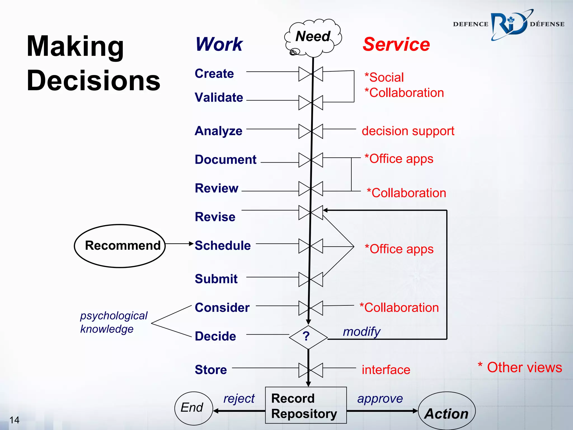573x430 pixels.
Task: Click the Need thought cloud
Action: coord(313,37)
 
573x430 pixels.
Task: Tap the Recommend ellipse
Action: coord(120,246)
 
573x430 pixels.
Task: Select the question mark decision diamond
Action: coord(308,337)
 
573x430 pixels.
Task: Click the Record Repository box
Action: coord(306,405)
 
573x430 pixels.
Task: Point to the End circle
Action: coord(193,408)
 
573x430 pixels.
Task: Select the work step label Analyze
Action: coord(219,131)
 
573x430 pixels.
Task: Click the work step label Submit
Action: coord(216,279)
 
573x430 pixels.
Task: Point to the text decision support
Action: coord(408,131)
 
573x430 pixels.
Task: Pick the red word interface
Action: coord(386,370)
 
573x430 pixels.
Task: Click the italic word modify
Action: coord(361,332)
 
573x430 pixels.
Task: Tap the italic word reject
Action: coord(239,398)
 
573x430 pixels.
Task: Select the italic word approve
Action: coord(380,398)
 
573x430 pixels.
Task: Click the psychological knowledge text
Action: coord(113,322)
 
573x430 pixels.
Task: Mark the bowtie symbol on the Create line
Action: coord(311,74)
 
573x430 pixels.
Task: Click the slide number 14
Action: coord(14,420)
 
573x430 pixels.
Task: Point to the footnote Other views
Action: coord(520,368)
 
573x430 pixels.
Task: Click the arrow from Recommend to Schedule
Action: coord(179,244)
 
